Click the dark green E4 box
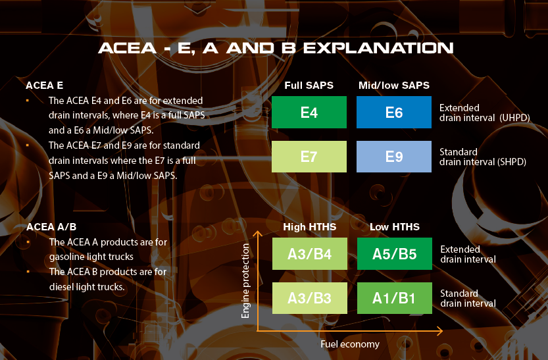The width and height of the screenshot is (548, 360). click(309, 112)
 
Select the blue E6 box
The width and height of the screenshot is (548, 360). click(394, 112)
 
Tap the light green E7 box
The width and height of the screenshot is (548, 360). click(309, 157)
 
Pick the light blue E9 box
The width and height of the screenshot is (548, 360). click(394, 157)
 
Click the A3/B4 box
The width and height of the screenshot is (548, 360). click(309, 254)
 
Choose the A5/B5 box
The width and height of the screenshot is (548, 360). click(394, 254)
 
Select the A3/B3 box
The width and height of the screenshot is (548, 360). click(309, 298)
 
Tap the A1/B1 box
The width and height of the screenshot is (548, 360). click(394, 298)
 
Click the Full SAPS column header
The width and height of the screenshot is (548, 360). click(309, 86)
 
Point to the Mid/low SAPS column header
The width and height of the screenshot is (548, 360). click(393, 86)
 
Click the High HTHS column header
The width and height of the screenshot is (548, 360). click(309, 227)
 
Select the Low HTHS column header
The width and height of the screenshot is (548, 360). click(394, 227)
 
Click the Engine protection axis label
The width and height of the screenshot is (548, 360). click(246, 281)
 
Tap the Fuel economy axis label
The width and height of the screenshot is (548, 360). click(350, 344)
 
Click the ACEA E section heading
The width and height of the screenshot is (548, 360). click(45, 86)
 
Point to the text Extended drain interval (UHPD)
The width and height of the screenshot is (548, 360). click(484, 113)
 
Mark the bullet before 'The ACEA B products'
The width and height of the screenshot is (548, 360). click(28, 271)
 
